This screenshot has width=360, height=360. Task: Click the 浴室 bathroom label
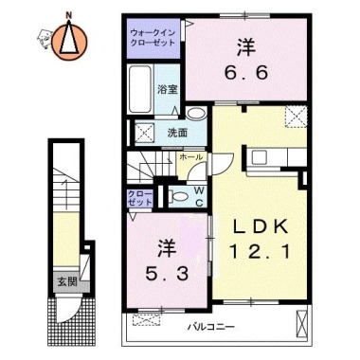(167, 88)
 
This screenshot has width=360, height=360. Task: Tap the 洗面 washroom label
(177, 133)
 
